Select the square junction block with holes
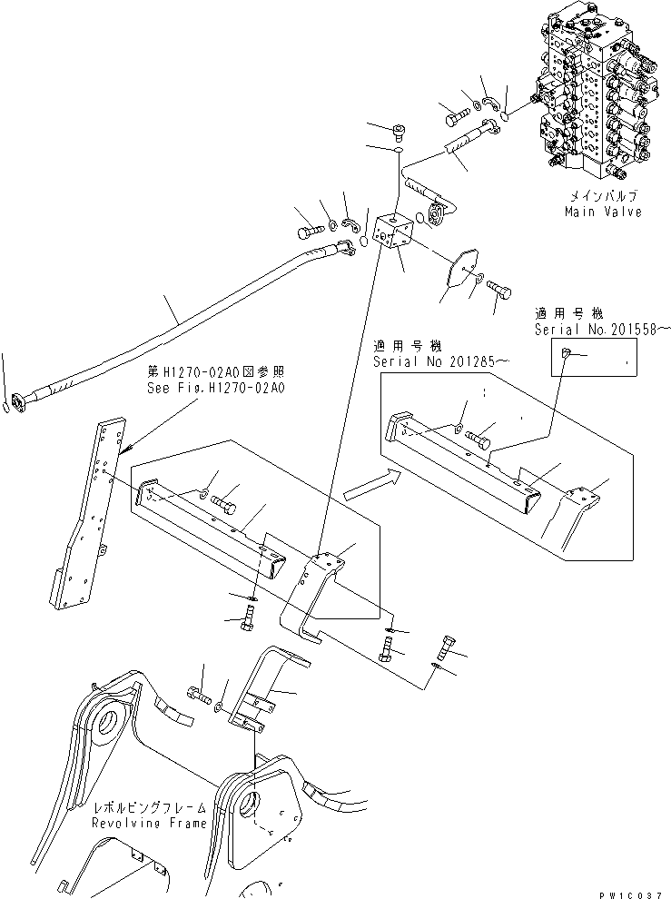pyautogui.click(x=393, y=233)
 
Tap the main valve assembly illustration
pyautogui.click(x=595, y=90)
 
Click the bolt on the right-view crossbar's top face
pyautogui.click(x=479, y=439)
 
